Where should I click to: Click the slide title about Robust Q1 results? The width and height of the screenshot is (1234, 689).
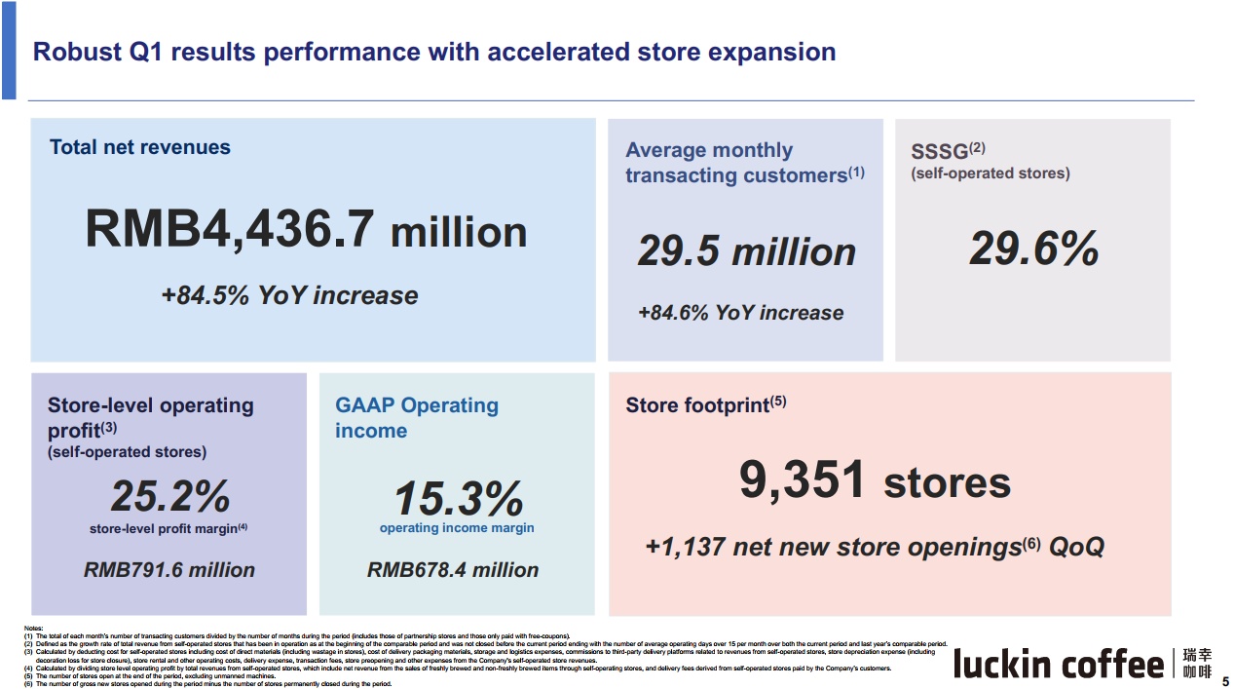point(434,52)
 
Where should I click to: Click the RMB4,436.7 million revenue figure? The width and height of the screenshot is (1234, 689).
point(306,230)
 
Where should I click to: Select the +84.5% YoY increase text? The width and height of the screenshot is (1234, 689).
point(289,295)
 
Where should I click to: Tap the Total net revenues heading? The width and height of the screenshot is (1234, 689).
point(140,147)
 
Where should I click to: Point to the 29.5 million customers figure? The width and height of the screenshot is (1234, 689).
point(746,251)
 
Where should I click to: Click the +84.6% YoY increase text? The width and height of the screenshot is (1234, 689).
point(740,313)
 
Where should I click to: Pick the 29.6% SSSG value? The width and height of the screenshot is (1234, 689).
point(1033,249)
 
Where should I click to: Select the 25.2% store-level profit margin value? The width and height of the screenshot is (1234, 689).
point(170,496)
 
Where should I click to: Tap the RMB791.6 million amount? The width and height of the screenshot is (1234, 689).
point(169,570)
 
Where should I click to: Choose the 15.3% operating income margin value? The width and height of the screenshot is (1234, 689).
point(458,500)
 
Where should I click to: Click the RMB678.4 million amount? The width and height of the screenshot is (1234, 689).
point(453,570)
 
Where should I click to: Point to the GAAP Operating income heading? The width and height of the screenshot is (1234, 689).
point(417,418)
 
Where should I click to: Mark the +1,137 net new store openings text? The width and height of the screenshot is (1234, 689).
point(875,547)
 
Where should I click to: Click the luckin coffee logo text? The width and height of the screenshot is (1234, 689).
point(1058,666)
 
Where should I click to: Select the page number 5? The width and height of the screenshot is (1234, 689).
point(1225,681)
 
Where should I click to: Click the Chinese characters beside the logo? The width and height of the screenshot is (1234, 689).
point(1197,664)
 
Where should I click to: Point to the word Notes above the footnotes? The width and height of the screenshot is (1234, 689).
point(34,628)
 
